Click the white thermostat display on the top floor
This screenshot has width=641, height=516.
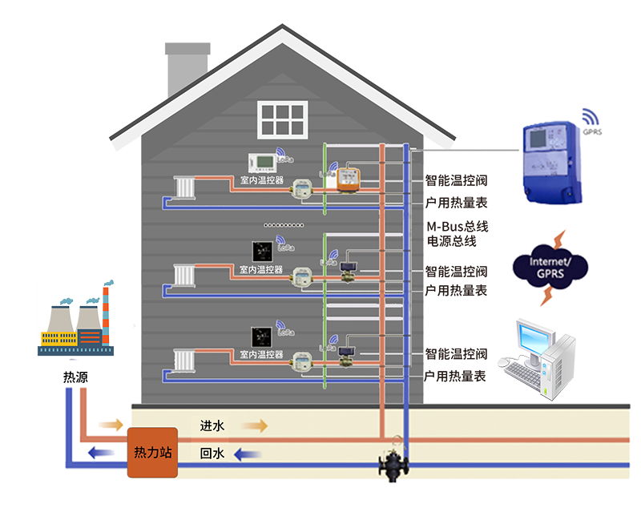point(262,163)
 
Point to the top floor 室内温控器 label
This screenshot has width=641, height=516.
point(261,181)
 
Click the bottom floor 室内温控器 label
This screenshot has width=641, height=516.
point(261,353)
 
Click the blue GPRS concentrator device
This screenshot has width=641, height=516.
point(550,161)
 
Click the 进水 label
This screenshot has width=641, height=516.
point(212,426)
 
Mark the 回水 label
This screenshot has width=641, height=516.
point(212,454)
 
